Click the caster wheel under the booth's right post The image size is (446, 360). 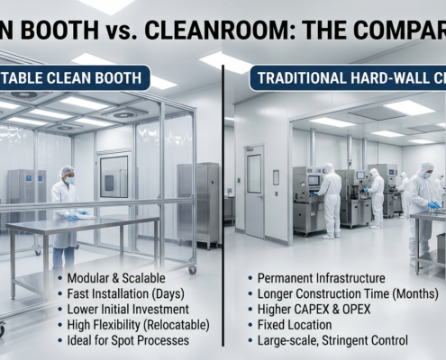(192, 268)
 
